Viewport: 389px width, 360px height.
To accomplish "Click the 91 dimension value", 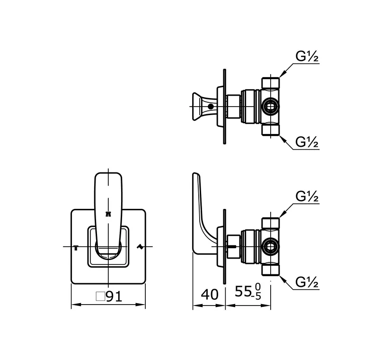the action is tap(114, 296).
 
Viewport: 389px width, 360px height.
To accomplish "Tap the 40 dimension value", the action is tap(210, 295).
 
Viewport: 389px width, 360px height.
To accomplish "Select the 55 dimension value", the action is tap(243, 291).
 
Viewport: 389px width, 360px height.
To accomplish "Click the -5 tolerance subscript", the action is tap(256, 297).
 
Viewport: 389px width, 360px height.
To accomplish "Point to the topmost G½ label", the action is tap(307, 57).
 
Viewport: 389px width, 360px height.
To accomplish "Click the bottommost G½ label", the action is tap(307, 282).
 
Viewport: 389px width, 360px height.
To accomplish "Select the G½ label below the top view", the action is tap(307, 142).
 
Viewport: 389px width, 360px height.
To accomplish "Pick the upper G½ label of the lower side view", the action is tap(307, 197).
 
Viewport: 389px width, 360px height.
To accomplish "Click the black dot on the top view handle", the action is tap(211, 107).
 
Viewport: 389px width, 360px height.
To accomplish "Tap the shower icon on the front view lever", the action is tap(108, 214).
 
